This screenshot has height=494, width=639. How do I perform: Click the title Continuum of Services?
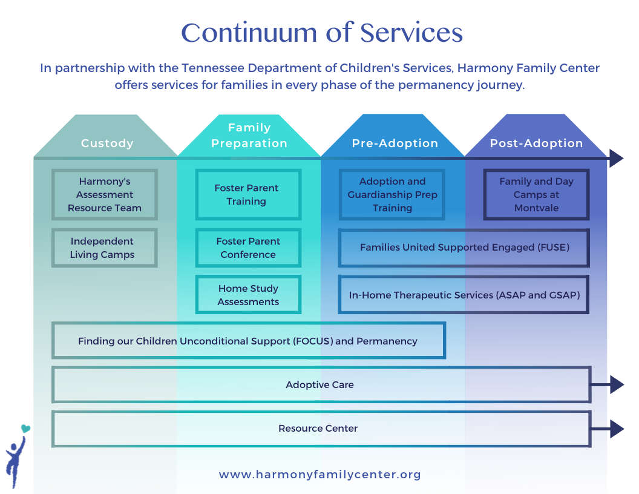(x=322, y=33)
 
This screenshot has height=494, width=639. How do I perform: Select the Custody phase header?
(x=107, y=143)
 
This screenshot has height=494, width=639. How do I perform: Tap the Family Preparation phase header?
(x=249, y=136)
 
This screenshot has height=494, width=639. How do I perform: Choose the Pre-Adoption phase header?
(x=395, y=143)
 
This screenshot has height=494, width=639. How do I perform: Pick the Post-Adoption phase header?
(x=536, y=143)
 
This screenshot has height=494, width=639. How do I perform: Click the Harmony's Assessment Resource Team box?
(x=105, y=194)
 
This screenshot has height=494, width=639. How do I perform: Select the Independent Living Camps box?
(x=105, y=248)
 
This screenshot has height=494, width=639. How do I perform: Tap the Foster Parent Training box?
(x=248, y=194)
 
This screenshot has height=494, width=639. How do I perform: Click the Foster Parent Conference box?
(x=248, y=248)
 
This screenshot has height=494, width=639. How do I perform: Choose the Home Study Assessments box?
(x=248, y=295)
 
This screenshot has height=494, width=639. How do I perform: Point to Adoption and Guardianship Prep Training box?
(x=392, y=194)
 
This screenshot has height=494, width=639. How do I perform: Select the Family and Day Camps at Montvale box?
(x=536, y=194)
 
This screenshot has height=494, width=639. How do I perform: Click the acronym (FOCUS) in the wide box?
(x=313, y=341)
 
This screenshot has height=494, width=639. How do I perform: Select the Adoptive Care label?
(x=319, y=385)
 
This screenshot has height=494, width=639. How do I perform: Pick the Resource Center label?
(x=318, y=429)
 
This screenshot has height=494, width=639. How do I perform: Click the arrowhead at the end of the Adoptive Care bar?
(x=616, y=384)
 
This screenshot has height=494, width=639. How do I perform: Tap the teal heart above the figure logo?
(x=25, y=429)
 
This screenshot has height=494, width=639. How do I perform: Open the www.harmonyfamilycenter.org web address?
(x=319, y=475)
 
